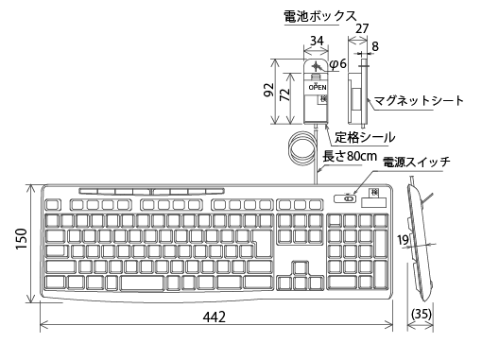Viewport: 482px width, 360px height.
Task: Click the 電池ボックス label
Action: pyautogui.click(x=319, y=16)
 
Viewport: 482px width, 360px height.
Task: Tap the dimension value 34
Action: pyautogui.click(x=317, y=41)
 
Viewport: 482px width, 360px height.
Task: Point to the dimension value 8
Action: pyautogui.click(x=376, y=44)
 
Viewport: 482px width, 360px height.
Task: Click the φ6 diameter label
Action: pyautogui.click(x=338, y=63)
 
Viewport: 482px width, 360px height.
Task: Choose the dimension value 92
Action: pyautogui.click(x=268, y=91)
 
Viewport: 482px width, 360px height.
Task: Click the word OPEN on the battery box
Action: pyautogui.click(x=318, y=85)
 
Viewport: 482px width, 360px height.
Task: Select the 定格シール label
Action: pyautogui.click(x=365, y=137)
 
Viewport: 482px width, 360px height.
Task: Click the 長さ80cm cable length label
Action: pyautogui.click(x=351, y=155)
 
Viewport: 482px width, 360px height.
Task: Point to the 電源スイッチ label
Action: pyautogui.click(x=417, y=162)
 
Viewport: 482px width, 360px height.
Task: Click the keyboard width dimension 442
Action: pyautogui.click(x=215, y=318)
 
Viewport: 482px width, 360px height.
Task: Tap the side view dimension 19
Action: pyautogui.click(x=404, y=242)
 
